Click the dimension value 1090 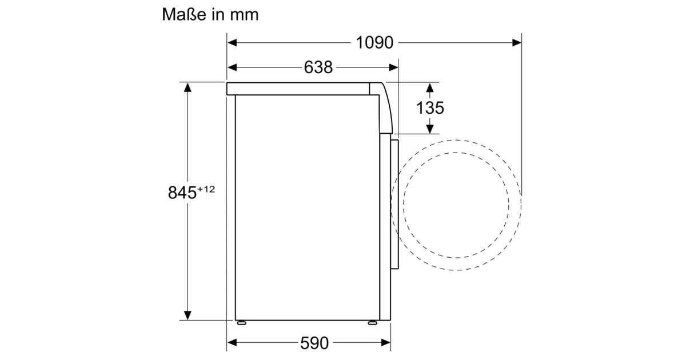(374, 42)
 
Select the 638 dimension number (318, 67)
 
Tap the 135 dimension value (430, 108)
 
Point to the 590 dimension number (314, 343)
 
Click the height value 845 (182, 193)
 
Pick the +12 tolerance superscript (206, 189)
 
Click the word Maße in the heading (184, 14)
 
